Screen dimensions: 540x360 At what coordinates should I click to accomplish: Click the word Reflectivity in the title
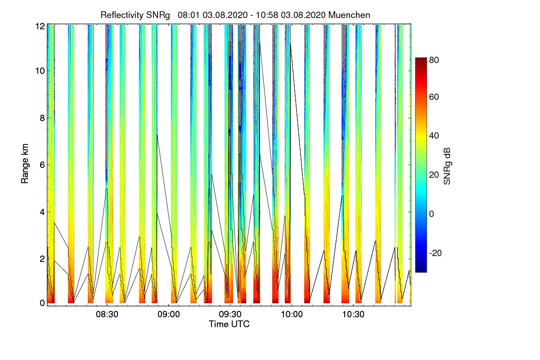click(x=120, y=15)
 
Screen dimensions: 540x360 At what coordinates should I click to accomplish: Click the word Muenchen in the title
click(x=349, y=15)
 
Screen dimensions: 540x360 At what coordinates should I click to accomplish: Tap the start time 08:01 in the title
click(x=189, y=15)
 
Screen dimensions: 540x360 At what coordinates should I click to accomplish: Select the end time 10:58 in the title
click(x=266, y=15)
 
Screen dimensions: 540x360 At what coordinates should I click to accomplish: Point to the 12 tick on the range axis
click(x=40, y=26)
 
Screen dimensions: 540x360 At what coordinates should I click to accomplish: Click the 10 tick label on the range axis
click(x=40, y=71)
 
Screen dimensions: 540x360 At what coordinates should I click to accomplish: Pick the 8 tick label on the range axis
click(x=42, y=118)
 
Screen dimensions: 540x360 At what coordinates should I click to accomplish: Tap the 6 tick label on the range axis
click(x=42, y=165)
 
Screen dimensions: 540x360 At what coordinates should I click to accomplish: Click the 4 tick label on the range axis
click(x=42, y=212)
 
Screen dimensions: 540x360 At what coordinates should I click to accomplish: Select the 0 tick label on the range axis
click(x=42, y=303)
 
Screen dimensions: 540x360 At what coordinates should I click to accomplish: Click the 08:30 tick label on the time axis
click(x=107, y=315)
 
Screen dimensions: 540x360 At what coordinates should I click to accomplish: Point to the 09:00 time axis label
click(x=168, y=315)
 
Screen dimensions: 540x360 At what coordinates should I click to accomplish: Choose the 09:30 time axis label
click(x=230, y=315)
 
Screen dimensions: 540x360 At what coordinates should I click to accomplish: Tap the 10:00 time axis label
click(x=292, y=315)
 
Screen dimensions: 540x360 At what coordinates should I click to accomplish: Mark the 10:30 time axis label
click(x=353, y=315)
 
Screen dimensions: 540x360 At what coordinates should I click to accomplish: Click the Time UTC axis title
click(x=229, y=324)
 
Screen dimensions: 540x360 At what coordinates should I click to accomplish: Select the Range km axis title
click(x=25, y=163)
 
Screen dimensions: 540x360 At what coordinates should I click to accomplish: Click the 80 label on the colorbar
click(x=434, y=60)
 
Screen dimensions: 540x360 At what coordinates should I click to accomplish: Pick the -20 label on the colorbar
click(x=436, y=253)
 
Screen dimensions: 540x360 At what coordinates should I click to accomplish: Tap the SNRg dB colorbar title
click(x=447, y=166)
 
